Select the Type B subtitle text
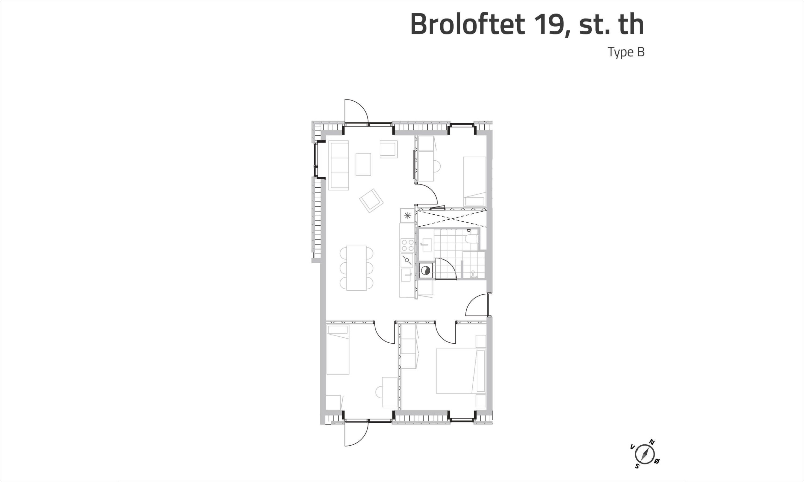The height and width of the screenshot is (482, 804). (626, 52)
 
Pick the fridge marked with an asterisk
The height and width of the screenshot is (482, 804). (408, 216)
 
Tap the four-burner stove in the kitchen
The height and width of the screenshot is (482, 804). (408, 245)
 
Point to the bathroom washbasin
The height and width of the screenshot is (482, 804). (426, 245)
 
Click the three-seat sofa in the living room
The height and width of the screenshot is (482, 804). (339, 165)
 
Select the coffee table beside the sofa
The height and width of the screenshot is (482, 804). (363, 164)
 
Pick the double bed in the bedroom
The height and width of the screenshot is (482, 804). (461, 371)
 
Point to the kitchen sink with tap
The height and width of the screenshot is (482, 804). (406, 275)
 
